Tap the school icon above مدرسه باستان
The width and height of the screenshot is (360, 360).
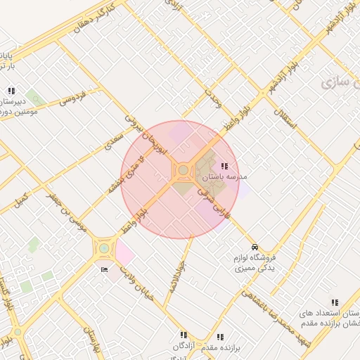point(224,166)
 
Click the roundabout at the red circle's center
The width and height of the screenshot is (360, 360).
point(183,170)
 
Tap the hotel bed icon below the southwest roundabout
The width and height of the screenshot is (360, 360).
point(105,269)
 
